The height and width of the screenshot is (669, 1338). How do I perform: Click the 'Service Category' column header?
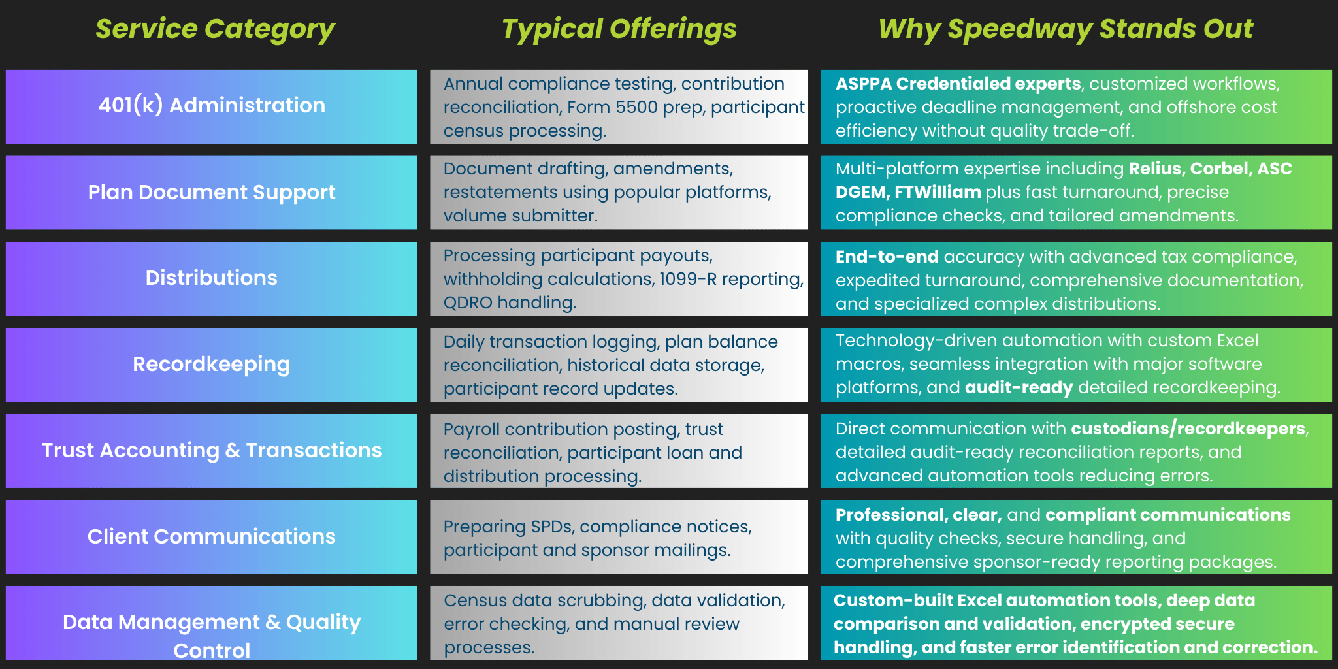click(215, 29)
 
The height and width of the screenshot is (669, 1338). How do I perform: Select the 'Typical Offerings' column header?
click(619, 29)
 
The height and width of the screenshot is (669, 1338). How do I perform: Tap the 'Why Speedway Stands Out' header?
click(1066, 29)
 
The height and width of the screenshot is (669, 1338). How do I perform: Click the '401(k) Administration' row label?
click(212, 105)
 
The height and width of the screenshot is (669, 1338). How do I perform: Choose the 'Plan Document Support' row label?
click(212, 192)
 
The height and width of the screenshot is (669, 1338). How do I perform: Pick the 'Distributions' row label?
click(212, 278)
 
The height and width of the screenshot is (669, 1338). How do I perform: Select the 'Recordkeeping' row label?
click(212, 364)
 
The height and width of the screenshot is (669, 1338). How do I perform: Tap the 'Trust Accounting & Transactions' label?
click(212, 450)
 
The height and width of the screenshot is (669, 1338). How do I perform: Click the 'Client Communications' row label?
click(212, 536)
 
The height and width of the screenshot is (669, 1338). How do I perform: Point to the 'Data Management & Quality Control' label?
click(212, 636)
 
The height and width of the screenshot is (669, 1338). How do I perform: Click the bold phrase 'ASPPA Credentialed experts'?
click(958, 84)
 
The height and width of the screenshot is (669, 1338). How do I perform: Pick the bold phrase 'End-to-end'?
click(887, 257)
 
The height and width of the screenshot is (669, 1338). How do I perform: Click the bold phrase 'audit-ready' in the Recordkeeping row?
click(1019, 388)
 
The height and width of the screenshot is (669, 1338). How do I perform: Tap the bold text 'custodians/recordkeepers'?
click(1188, 429)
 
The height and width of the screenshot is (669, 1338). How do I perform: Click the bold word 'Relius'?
click(1156, 169)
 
